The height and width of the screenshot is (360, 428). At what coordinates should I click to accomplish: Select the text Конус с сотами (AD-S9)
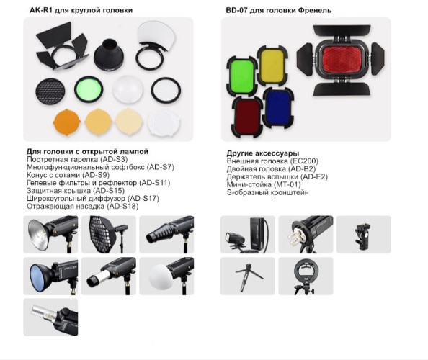(x=67, y=175)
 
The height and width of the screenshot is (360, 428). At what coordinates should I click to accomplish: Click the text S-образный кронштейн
(x=268, y=193)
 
